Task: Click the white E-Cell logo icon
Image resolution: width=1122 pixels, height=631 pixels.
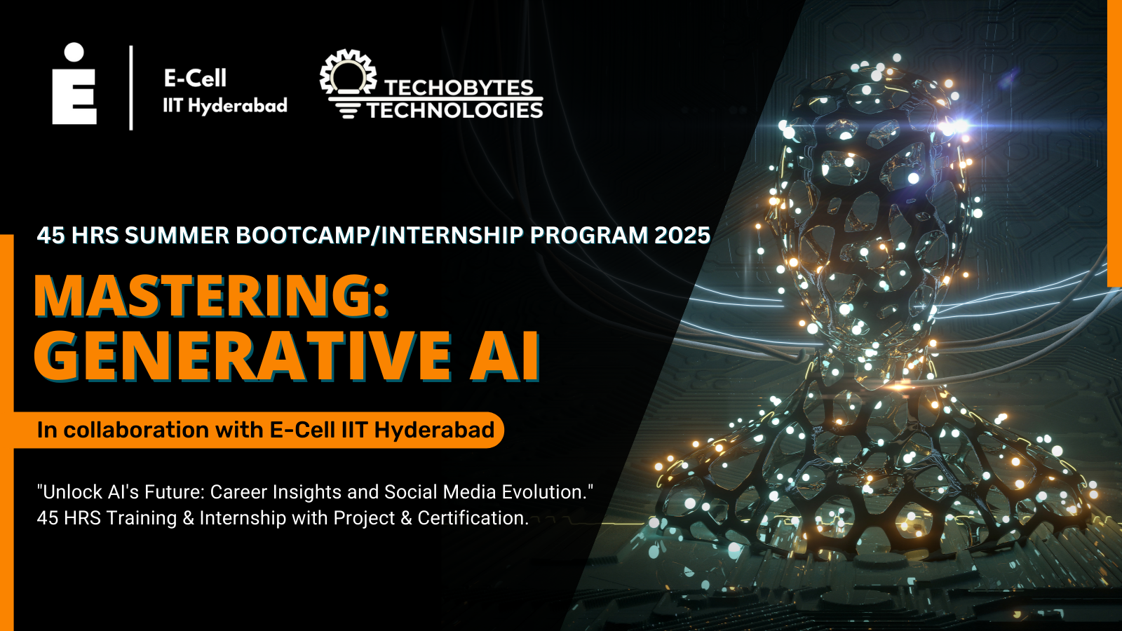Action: pyautogui.click(x=74, y=83)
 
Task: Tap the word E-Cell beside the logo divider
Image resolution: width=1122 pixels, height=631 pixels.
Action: pyautogui.click(x=195, y=78)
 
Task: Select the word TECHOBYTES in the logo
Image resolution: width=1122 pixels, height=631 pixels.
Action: pyautogui.click(x=459, y=88)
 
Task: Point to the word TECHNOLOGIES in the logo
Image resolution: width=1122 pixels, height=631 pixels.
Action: pyautogui.click(x=455, y=109)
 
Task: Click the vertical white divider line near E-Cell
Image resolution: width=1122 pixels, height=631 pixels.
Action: pyautogui.click(x=131, y=88)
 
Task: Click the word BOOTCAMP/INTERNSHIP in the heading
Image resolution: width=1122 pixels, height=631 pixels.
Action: pyautogui.click(x=379, y=236)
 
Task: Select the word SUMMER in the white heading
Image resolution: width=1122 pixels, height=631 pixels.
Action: pyautogui.click(x=177, y=236)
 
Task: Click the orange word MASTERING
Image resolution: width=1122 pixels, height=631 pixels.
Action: pyautogui.click(x=211, y=296)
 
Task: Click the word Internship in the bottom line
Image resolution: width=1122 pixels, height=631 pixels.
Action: pyautogui.click(x=243, y=519)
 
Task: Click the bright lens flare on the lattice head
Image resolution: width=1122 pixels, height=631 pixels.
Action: pyautogui.click(x=958, y=125)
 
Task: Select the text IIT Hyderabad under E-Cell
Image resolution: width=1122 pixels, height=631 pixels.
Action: pyautogui.click(x=225, y=106)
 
